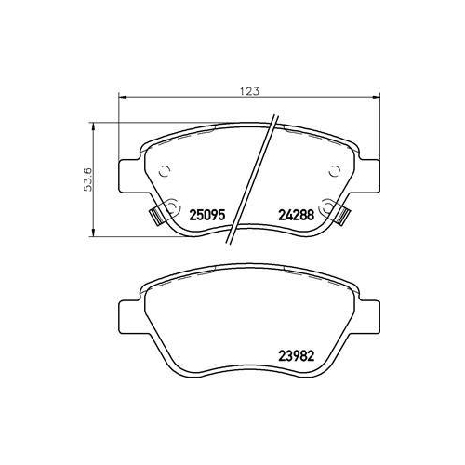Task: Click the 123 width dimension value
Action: [249, 91]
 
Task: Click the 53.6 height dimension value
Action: [88, 179]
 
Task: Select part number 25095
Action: [206, 215]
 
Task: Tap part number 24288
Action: [297, 215]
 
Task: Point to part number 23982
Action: [297, 356]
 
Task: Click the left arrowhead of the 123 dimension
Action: [123, 98]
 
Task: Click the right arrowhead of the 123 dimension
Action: [376, 98]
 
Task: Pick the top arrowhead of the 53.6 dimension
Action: [92, 127]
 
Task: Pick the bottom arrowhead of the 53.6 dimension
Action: [92, 232]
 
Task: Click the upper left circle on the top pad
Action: [164, 171]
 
